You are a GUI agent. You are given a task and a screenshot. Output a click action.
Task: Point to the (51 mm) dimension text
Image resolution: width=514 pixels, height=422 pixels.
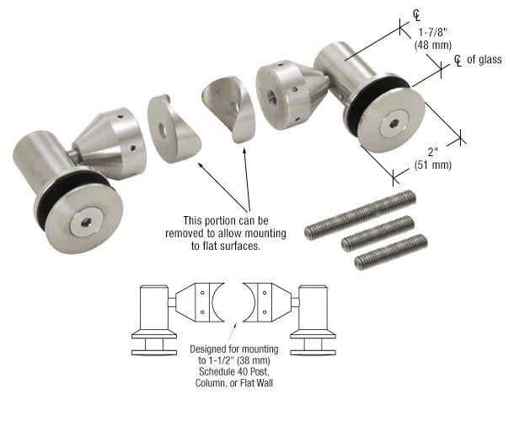(436, 165)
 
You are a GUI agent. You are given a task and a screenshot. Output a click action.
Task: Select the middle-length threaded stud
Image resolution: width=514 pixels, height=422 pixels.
(377, 235)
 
